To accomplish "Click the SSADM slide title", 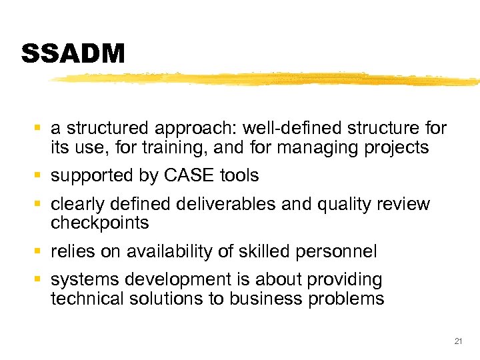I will point(73,54).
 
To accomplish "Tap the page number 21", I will point(457,341).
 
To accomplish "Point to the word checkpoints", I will point(99,222).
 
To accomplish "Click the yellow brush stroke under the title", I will point(267,79).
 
